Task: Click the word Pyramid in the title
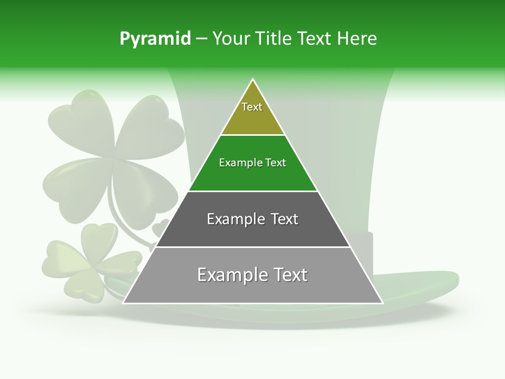(155, 39)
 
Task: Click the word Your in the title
(230, 39)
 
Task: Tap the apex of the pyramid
(253, 80)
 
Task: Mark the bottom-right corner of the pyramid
(382, 303)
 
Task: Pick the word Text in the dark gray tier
(283, 219)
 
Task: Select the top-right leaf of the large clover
(150, 126)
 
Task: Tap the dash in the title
(201, 39)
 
